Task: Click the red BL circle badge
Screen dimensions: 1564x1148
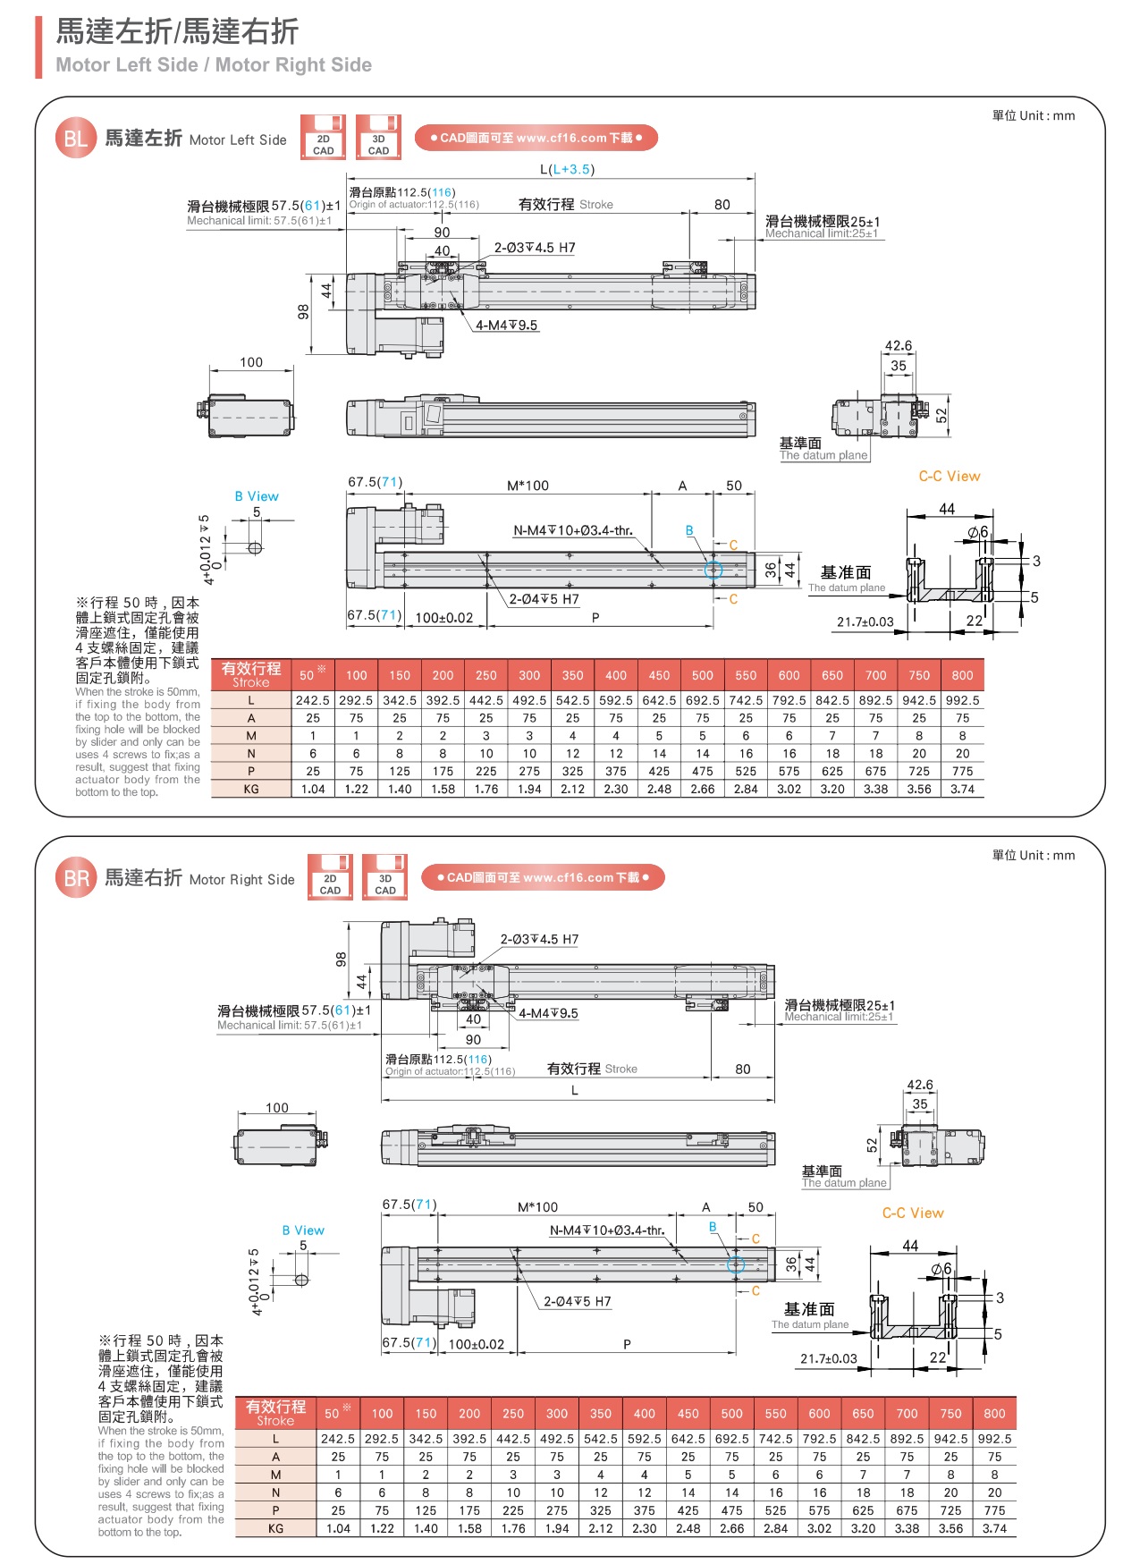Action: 75,139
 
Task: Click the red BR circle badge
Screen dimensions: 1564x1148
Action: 76,878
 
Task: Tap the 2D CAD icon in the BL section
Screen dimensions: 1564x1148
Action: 323,137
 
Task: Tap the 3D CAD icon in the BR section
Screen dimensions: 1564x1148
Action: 384,877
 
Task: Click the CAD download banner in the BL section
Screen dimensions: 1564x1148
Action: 536,138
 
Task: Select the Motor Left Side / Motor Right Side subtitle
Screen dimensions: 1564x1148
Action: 214,64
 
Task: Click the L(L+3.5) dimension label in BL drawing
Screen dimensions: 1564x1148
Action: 567,169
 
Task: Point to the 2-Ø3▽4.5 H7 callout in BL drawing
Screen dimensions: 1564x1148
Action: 535,248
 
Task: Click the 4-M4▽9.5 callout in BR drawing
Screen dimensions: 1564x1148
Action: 548,1013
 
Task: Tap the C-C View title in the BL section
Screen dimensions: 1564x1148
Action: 949,476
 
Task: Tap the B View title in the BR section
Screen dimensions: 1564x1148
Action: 303,1230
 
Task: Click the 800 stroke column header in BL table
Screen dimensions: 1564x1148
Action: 962,675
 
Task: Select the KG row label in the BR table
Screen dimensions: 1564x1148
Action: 275,1528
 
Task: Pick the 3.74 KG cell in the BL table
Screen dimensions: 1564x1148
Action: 962,790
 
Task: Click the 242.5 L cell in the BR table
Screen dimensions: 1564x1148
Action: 338,1439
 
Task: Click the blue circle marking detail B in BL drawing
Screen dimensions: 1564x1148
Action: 713,570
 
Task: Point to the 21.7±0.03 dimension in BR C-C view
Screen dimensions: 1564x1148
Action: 828,1358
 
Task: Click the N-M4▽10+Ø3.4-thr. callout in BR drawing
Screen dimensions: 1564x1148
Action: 606,1230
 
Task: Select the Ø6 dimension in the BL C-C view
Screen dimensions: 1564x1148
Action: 978,532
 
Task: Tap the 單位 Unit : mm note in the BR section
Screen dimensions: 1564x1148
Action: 1033,855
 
